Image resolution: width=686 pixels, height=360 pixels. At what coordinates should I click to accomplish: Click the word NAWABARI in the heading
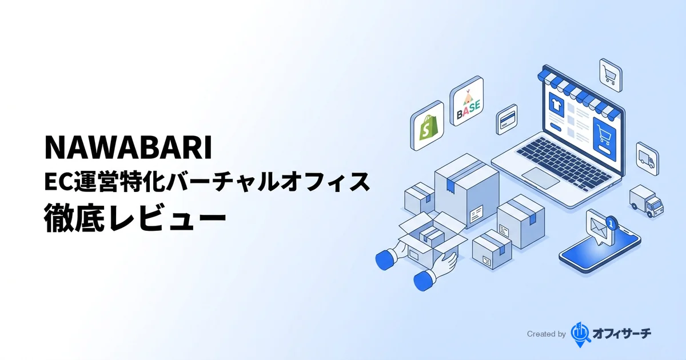click(128, 148)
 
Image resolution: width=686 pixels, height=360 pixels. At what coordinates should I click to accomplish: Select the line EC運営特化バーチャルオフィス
click(206, 183)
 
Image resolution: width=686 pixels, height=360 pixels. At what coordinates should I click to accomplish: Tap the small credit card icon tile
click(506, 119)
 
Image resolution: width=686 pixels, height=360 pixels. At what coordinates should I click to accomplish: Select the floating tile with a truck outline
click(647, 156)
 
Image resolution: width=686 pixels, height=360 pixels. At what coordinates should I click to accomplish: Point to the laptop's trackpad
click(540, 177)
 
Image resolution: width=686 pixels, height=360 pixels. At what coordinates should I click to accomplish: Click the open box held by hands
click(432, 240)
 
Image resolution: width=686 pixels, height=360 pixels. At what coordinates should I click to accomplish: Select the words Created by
click(546, 334)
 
